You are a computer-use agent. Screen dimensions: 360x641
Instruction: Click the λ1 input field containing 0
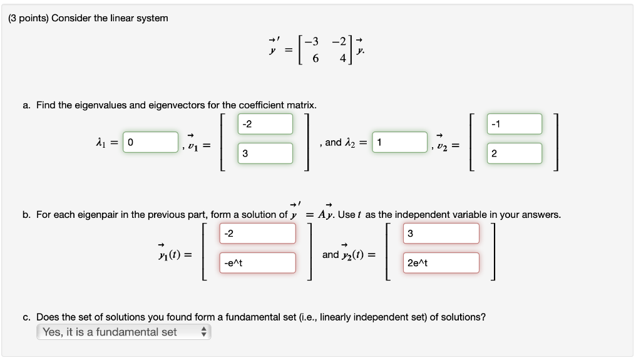(150, 142)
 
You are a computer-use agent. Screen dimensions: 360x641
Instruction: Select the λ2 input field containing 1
(399, 142)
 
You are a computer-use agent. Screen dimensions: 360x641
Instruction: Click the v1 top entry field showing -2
(265, 123)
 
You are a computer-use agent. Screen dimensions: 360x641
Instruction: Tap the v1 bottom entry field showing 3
(265, 153)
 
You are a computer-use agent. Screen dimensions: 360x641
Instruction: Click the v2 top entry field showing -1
(514, 123)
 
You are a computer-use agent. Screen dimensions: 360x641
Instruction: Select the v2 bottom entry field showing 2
(514, 153)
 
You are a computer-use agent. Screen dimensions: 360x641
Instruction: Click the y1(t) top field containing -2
(257, 234)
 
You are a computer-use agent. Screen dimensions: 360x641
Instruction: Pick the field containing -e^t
(257, 263)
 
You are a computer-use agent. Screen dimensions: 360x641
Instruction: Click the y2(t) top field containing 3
(441, 234)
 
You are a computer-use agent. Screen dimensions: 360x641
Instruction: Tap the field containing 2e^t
(441, 263)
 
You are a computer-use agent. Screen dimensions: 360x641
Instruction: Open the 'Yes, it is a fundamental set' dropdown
(124, 332)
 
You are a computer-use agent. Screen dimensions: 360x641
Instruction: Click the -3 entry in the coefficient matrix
(311, 42)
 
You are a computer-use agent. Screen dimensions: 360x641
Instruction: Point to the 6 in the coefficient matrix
(315, 58)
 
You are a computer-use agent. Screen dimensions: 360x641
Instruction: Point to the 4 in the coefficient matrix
(342, 58)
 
